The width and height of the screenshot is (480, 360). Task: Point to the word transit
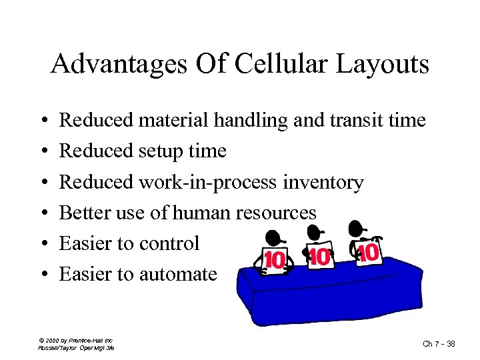tap(356, 120)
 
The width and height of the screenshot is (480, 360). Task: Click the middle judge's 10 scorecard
tap(321, 257)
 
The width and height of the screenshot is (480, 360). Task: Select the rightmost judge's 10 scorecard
tap(369, 253)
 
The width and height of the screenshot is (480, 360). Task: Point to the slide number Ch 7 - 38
tap(439, 343)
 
